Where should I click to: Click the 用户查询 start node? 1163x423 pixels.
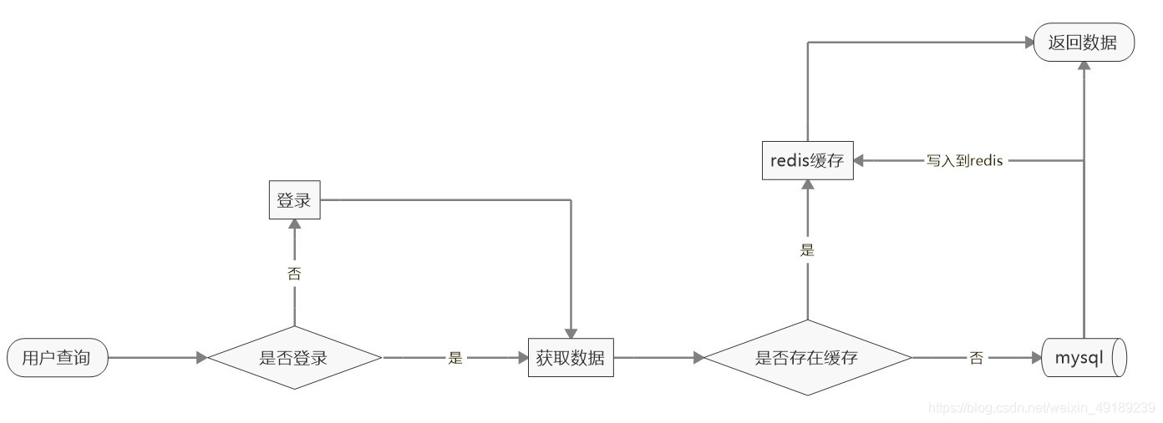coord(57,359)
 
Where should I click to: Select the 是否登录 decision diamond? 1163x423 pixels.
coord(294,359)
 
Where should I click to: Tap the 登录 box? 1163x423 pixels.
coord(294,201)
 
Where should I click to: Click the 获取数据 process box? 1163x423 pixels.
coord(571,359)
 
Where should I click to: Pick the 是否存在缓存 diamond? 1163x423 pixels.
coord(807,359)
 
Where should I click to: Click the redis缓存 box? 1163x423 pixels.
coord(807,162)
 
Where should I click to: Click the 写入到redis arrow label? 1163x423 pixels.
coord(963,161)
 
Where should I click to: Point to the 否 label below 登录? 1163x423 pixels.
coord(294,273)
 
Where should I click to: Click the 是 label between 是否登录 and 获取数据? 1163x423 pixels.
coord(455,359)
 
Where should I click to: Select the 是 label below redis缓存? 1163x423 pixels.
coord(807,249)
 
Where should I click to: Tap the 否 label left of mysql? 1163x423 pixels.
coord(976,359)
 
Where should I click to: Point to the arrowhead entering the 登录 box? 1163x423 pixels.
coord(294,224)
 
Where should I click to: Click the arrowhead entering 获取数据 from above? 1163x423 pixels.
coord(571,333)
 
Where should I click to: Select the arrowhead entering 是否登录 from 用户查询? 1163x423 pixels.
coord(201,359)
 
